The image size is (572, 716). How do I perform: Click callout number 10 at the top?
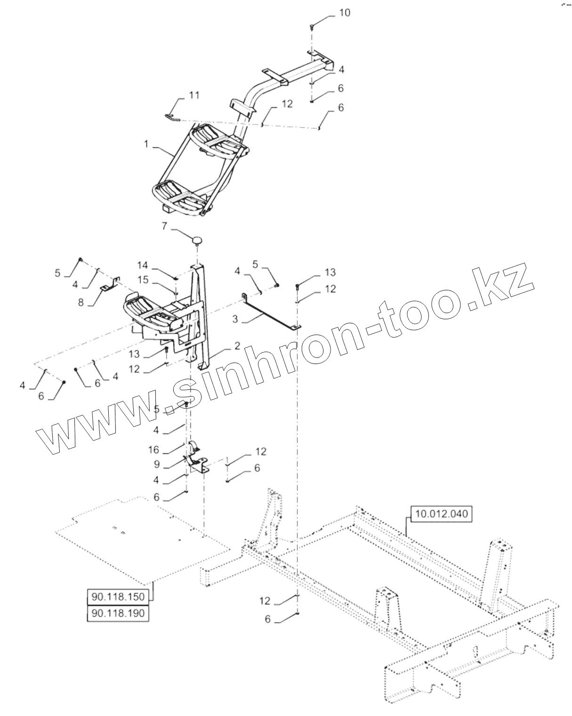(345, 13)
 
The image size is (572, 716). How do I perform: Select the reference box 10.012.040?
(442, 514)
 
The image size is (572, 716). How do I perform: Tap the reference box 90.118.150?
(118, 597)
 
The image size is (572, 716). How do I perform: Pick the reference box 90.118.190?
(118, 613)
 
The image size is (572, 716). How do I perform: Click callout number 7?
(164, 226)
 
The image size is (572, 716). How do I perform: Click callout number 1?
(146, 145)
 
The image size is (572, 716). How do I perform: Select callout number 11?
(194, 96)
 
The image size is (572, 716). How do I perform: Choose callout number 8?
(81, 302)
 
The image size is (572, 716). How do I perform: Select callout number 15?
(143, 280)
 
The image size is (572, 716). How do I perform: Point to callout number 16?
(154, 450)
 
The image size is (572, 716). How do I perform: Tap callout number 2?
(237, 346)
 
